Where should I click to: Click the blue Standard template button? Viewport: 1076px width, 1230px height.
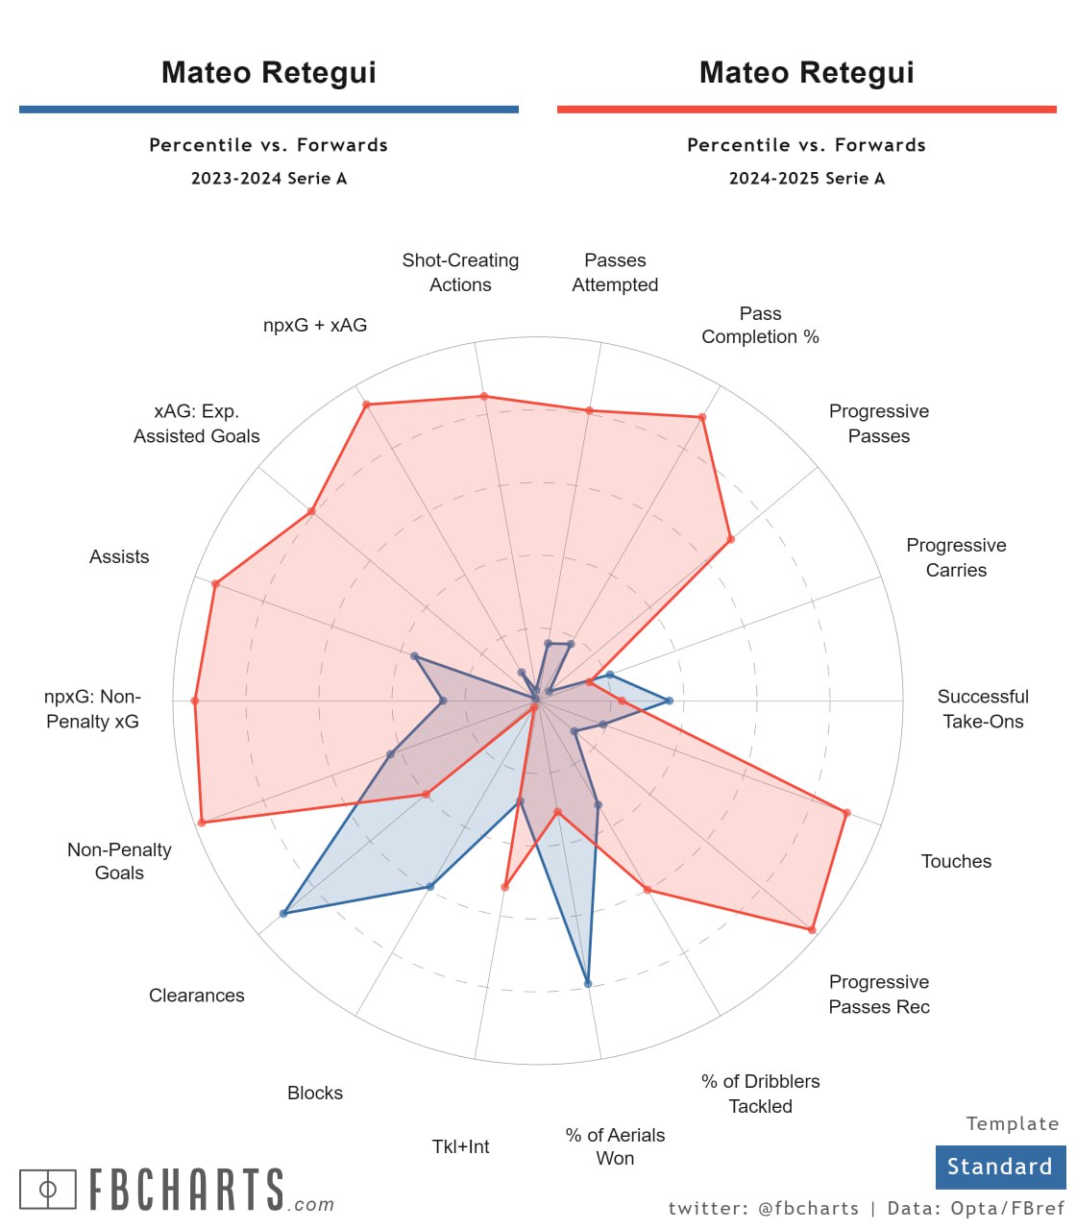pos(1000,1167)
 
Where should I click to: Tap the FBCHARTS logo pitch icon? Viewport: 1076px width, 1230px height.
pos(47,1190)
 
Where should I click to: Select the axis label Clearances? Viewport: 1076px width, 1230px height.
pos(197,996)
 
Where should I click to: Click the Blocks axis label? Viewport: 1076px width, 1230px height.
pos(315,1093)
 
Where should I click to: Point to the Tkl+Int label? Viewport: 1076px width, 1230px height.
pos(461,1146)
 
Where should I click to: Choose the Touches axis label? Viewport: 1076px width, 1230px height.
pos(956,861)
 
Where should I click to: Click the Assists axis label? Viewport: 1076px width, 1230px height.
pos(119,556)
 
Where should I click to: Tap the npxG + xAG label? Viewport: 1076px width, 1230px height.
pos(315,325)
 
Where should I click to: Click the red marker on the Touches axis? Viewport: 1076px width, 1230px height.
pos(846,813)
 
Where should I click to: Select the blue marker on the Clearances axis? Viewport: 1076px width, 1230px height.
pos(283,913)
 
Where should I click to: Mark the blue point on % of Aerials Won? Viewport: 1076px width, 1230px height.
pos(588,983)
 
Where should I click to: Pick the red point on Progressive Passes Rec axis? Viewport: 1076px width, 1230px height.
pos(812,929)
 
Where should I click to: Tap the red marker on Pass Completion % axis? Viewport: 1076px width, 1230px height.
pos(702,417)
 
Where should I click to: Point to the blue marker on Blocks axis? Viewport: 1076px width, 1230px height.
pos(430,886)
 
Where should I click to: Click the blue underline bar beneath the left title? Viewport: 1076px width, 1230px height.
pos(269,110)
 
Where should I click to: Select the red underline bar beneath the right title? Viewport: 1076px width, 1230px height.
pos(807,110)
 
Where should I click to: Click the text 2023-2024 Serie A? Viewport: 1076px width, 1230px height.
pos(269,178)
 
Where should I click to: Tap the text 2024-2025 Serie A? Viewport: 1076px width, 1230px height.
pos(807,178)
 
